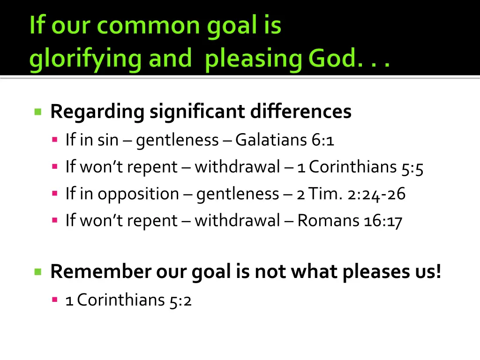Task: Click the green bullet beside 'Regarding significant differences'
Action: (38, 112)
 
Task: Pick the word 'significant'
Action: (197, 112)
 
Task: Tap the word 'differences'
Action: (300, 112)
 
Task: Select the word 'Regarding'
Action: (97, 112)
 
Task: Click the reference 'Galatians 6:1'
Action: (285, 140)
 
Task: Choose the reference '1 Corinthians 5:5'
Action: (360, 167)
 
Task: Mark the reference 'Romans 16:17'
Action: (350, 220)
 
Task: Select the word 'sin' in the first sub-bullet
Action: (108, 140)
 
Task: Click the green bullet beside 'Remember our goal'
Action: (38, 271)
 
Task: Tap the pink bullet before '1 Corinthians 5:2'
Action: (55, 299)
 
